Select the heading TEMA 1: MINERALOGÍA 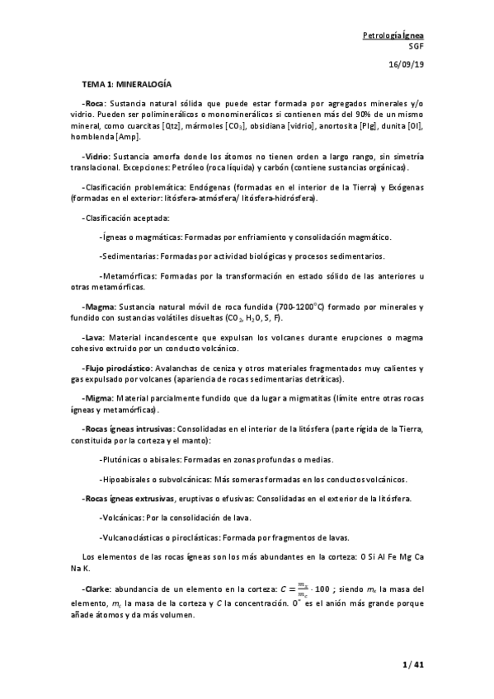[x=127, y=85]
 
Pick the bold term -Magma [x=99, y=307]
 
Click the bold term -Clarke [x=97, y=589]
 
